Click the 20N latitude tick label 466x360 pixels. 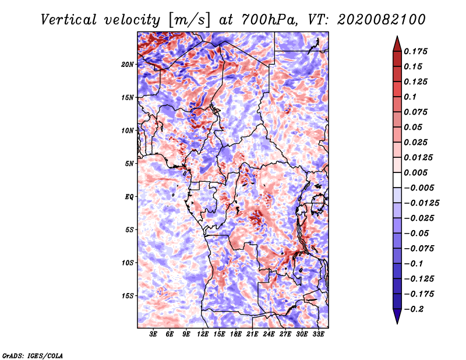pyautogui.click(x=128, y=64)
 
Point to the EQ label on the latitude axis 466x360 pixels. pyautogui.click(x=129, y=196)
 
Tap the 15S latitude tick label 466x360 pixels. pyautogui.click(x=128, y=296)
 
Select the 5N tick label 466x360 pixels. pyautogui.click(x=129, y=164)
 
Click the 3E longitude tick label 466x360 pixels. pyautogui.click(x=154, y=334)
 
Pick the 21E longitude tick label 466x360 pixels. pyautogui.click(x=252, y=334)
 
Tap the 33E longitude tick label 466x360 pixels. pyautogui.click(x=318, y=334)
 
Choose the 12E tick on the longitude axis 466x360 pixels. pyautogui.click(x=203, y=334)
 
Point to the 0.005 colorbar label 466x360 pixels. pyautogui.click(x=416, y=172)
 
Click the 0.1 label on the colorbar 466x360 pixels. pyautogui.click(x=411, y=97)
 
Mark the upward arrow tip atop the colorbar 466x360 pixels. pyautogui.click(x=397, y=38)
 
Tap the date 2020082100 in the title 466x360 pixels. pyautogui.click(x=374, y=20)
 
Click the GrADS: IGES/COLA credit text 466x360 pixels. pyautogui.click(x=33, y=355)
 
